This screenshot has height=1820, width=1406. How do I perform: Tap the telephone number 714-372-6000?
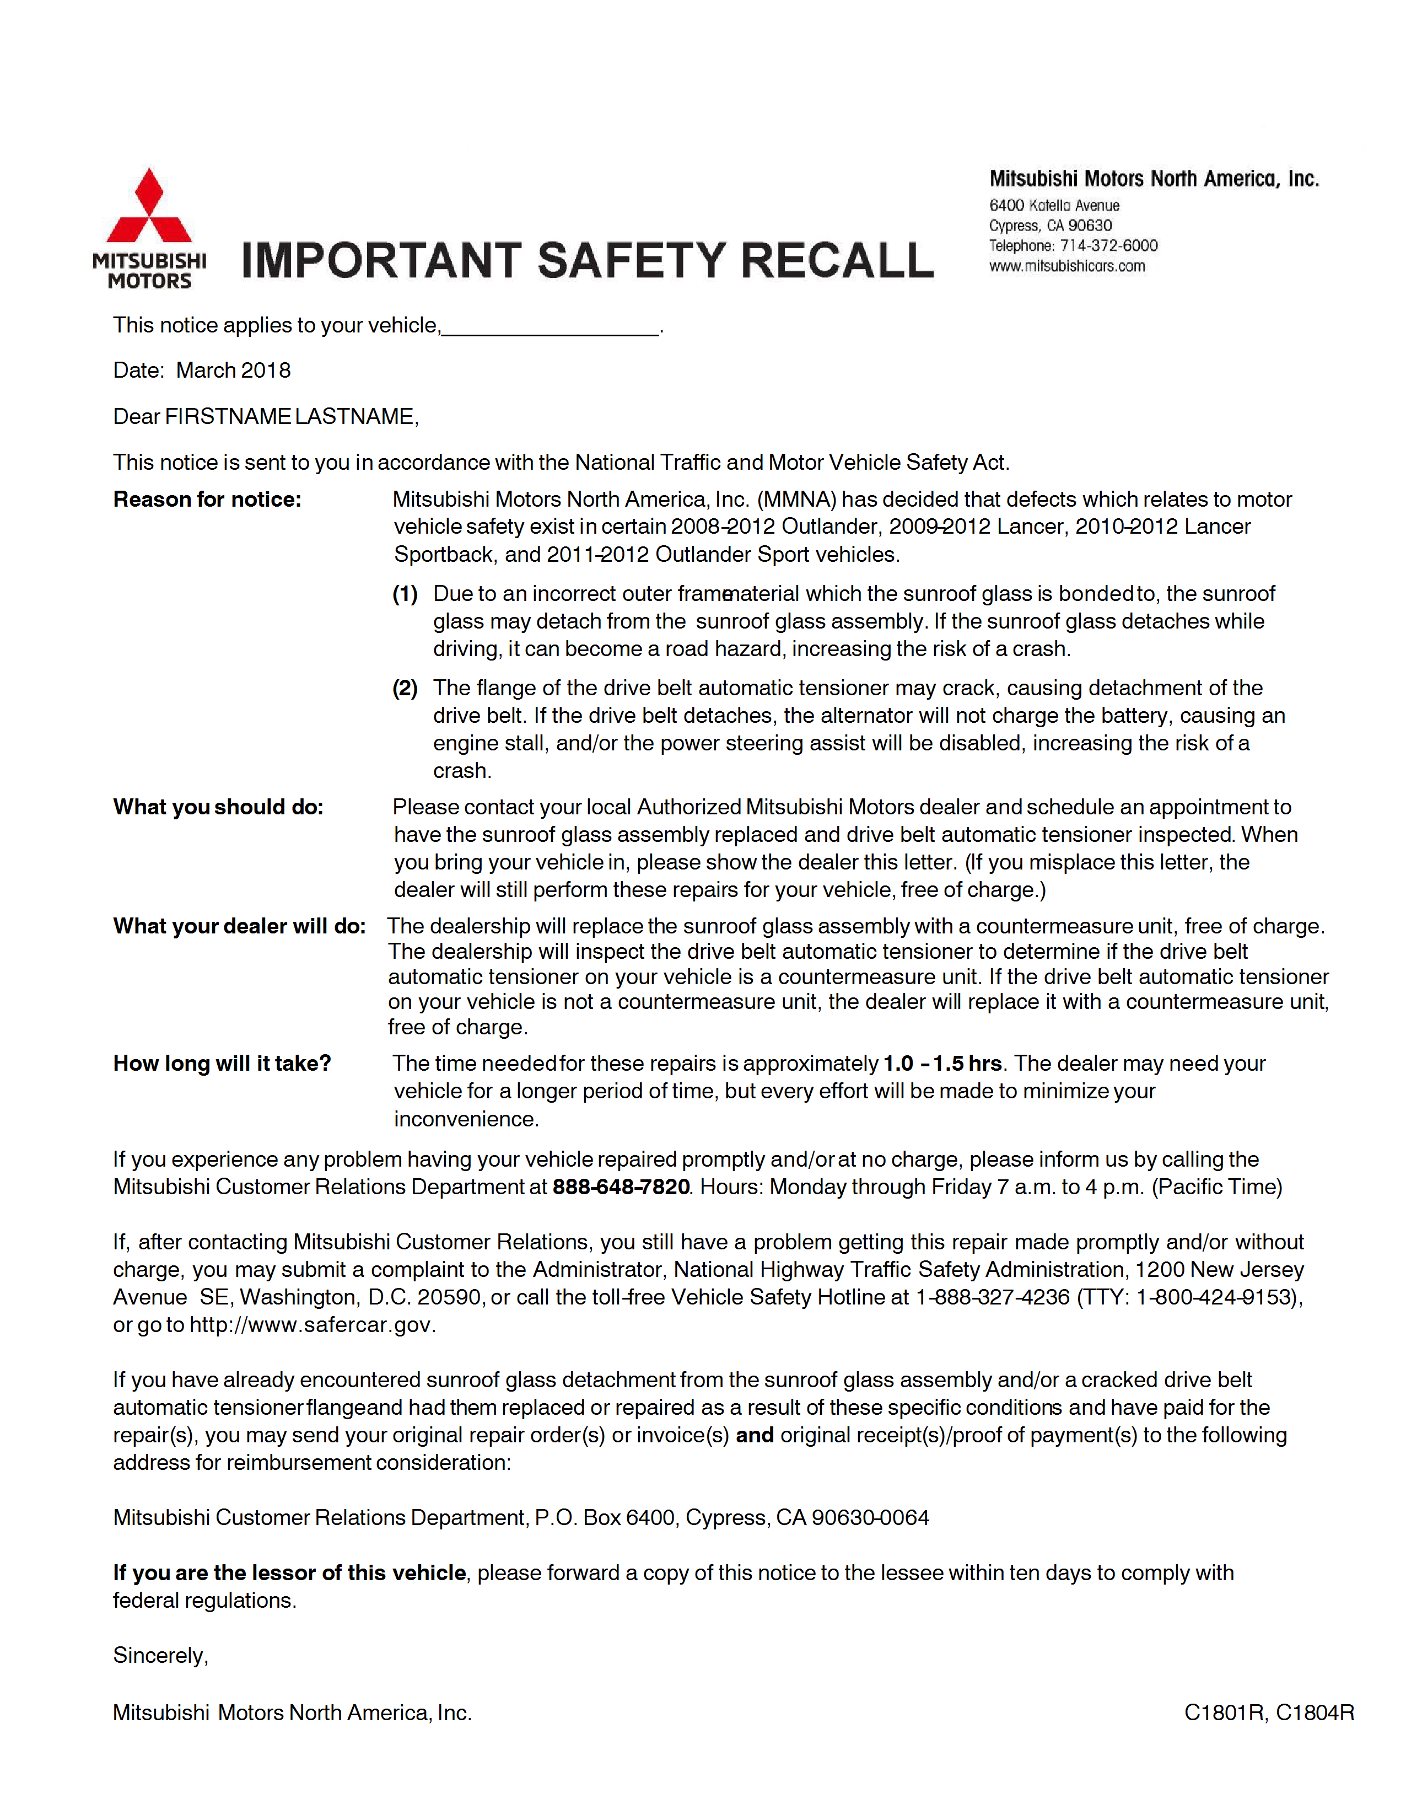click(x=1108, y=246)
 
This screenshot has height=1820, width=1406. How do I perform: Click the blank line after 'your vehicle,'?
click(x=551, y=326)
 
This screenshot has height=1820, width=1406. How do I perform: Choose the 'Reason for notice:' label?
click(x=207, y=500)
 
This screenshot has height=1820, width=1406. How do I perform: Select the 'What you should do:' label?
click(x=218, y=808)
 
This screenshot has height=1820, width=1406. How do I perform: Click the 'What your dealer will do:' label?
click(x=239, y=927)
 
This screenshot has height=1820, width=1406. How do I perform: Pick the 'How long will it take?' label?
click(x=223, y=1064)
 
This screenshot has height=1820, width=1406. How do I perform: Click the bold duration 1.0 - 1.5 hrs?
click(x=942, y=1064)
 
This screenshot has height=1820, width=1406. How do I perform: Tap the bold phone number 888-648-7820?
click(x=621, y=1188)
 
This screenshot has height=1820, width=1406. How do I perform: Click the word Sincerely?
click(x=160, y=1656)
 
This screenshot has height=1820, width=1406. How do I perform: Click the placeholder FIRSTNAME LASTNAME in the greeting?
click(x=290, y=417)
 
